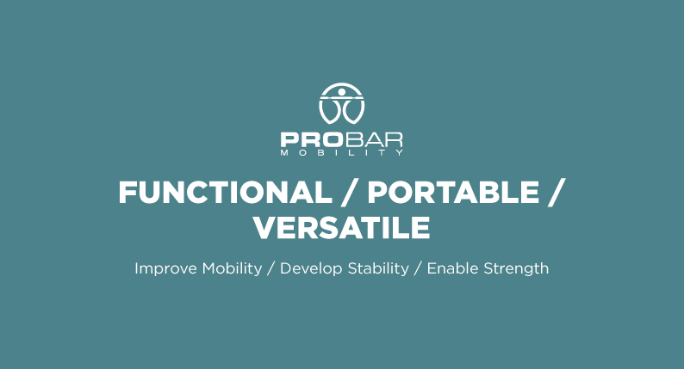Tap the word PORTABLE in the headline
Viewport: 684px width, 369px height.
pyautogui.click(x=453, y=193)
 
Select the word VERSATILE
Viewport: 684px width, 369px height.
pyautogui.click(x=342, y=227)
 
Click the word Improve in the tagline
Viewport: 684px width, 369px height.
pyautogui.click(x=165, y=269)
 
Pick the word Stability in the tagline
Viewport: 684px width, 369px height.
pyautogui.click(x=378, y=269)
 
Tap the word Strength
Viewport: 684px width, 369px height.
pyautogui.click(x=516, y=269)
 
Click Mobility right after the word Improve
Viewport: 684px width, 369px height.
pyautogui.click(x=232, y=269)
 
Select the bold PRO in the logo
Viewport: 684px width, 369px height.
pyautogui.click(x=312, y=140)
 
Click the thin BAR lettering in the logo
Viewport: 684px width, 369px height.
pyautogui.click(x=373, y=140)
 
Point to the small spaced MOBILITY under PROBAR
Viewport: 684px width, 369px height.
pyautogui.click(x=341, y=153)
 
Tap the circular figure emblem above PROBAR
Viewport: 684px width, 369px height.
pyautogui.click(x=341, y=104)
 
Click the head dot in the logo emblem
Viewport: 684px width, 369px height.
pyautogui.click(x=341, y=91)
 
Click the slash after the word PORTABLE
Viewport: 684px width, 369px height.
pyautogui.click(x=557, y=193)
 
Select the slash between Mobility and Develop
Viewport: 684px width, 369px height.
pyautogui.click(x=270, y=269)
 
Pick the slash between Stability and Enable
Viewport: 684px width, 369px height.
pyautogui.click(x=418, y=269)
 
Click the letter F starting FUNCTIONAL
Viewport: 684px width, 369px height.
pyautogui.click(x=127, y=193)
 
